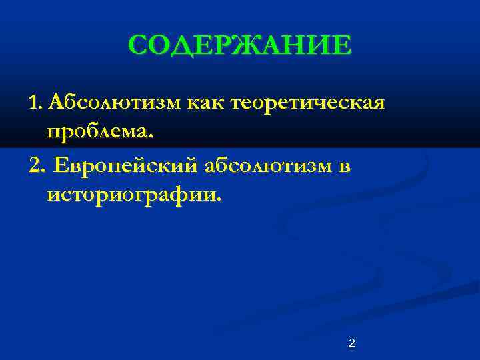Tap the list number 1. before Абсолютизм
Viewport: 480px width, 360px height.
(36, 103)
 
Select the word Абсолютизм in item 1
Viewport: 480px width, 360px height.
(113, 103)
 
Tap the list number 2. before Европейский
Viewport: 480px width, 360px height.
(37, 165)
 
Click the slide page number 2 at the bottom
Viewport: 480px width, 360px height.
(352, 343)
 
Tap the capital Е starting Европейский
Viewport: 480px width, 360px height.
(62, 165)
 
